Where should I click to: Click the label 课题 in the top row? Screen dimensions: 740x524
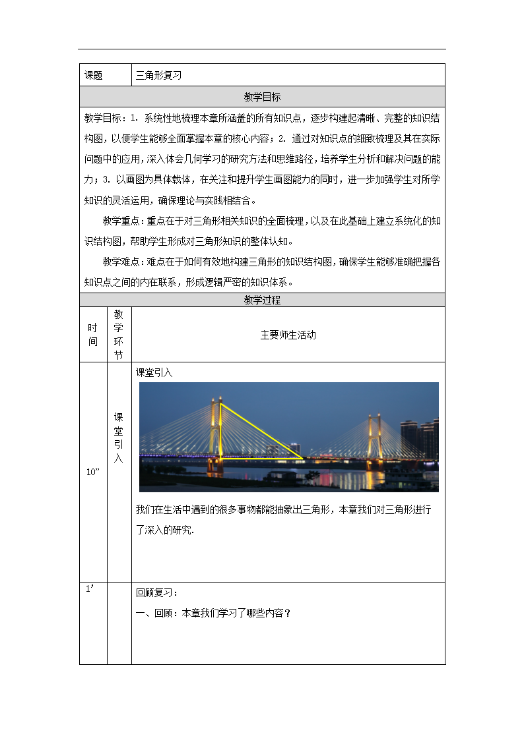(94, 75)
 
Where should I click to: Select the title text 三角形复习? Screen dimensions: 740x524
(158, 75)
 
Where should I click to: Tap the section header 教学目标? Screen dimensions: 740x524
(262, 97)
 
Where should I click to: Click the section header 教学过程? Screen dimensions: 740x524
(262, 300)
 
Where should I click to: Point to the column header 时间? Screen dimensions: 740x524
(93, 335)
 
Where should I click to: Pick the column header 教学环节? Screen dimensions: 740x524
(119, 335)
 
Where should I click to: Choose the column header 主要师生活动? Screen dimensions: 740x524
(288, 335)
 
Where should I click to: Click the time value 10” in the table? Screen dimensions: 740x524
(92, 472)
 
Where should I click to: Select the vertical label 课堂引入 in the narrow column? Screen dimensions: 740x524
(119, 438)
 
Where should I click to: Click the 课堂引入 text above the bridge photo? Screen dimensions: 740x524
(154, 372)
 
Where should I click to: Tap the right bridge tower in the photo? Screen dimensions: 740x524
(374, 438)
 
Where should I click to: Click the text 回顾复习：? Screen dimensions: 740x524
(157, 592)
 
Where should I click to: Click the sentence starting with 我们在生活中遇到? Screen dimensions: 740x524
(284, 510)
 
